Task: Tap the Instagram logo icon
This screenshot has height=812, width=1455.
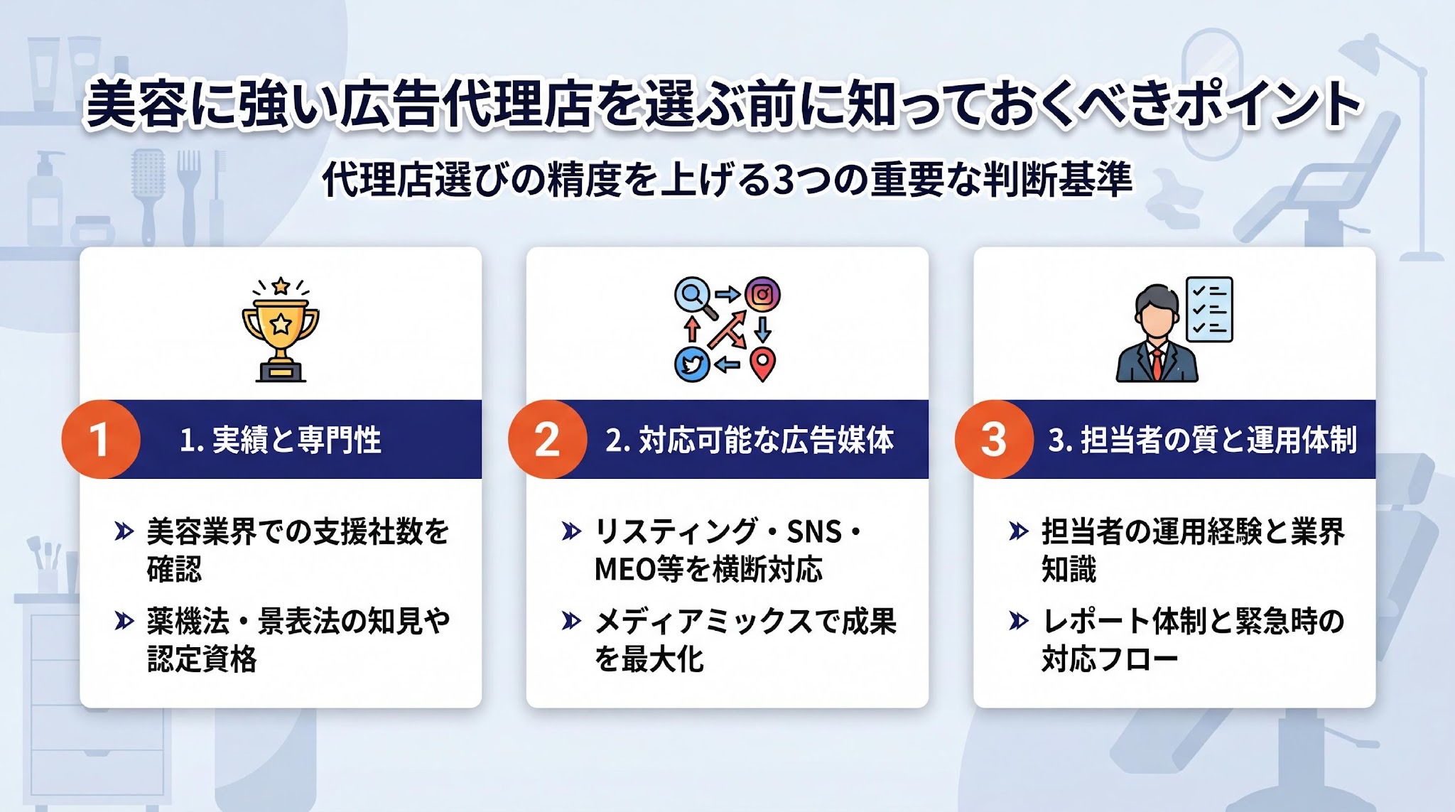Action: pos(762,294)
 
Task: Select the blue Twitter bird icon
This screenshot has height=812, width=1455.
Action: pos(692,364)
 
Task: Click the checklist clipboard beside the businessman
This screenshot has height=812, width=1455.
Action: pos(1210,310)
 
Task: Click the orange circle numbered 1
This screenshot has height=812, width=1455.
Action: pos(100,439)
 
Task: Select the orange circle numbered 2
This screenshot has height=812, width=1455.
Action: pos(547,439)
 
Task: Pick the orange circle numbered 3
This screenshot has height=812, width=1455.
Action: pos(994,439)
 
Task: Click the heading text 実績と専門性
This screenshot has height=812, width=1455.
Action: pos(296,440)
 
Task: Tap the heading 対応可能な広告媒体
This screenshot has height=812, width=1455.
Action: pos(766,440)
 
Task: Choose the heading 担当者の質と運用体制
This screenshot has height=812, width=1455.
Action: pos(1219,440)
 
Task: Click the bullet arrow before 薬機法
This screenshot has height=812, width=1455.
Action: pos(124,621)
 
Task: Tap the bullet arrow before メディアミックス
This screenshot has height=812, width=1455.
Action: pos(571,621)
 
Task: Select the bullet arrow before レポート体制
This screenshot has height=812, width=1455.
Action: pos(1019,621)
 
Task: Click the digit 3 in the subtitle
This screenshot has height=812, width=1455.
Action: pos(784,180)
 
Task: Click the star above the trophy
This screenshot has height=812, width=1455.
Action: pos(281,286)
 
